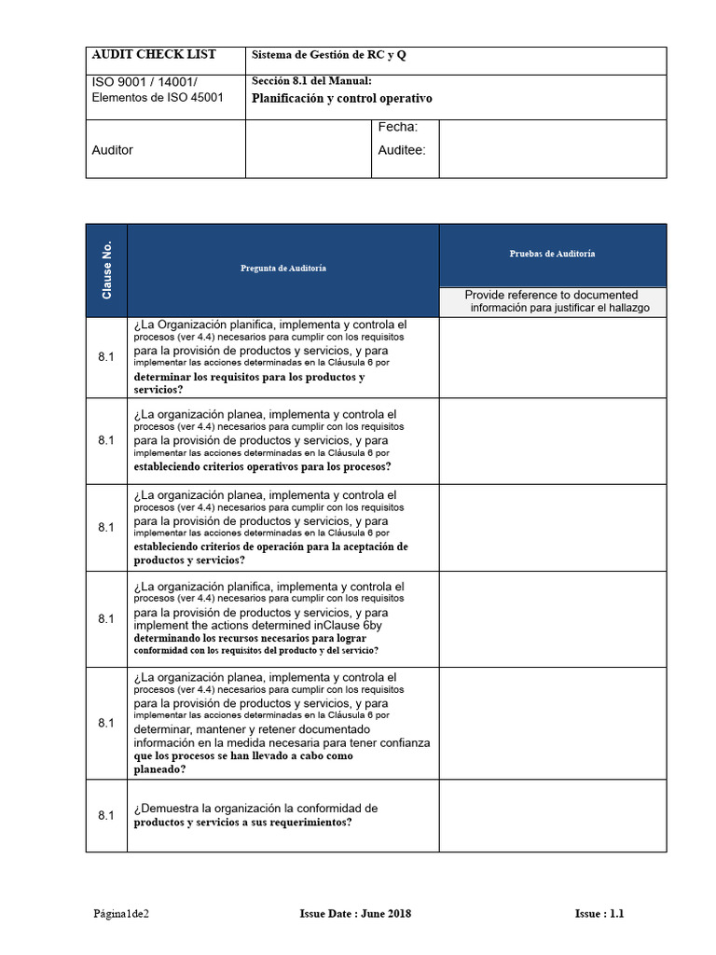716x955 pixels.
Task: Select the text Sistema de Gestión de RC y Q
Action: (329, 56)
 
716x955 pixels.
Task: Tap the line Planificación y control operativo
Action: (342, 99)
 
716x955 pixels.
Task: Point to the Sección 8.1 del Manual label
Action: (311, 81)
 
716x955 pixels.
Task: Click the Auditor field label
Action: (113, 150)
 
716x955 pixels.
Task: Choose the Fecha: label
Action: (397, 127)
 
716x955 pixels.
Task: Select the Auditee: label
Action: (402, 149)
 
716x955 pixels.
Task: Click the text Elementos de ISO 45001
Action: (158, 98)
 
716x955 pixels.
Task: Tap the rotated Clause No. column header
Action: (107, 270)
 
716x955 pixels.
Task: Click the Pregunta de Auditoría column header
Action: (283, 269)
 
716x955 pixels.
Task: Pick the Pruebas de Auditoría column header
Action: (552, 254)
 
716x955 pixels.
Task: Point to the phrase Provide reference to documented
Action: (551, 295)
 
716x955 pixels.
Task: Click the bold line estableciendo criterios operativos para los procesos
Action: (262, 466)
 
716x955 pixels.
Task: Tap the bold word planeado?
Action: (159, 769)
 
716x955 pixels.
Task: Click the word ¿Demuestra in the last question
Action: (168, 808)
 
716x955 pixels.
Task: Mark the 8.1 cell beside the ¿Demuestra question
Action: (106, 815)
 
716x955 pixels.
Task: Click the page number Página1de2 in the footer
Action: (120, 914)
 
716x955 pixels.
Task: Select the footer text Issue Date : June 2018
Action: (355, 914)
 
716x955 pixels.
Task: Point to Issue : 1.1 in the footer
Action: (599, 914)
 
